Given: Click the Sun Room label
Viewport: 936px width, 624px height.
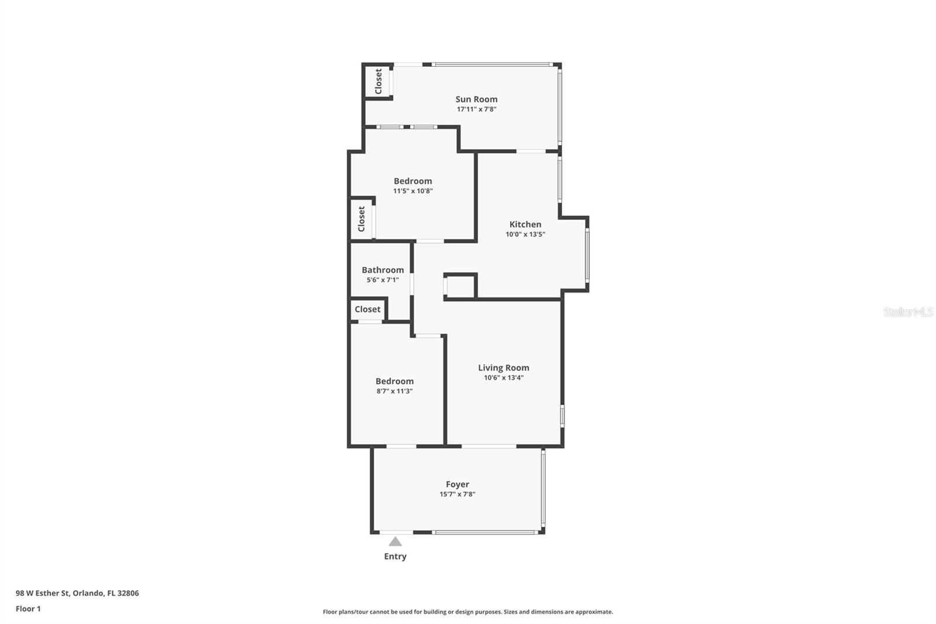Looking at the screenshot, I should click(x=476, y=100).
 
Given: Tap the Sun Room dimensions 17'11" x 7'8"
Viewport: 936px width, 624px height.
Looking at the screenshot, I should click(x=476, y=109).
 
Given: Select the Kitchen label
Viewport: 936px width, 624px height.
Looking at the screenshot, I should click(x=525, y=224).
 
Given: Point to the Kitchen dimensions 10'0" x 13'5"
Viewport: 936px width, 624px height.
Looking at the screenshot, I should click(x=525, y=234).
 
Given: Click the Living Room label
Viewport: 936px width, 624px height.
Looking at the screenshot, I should click(x=503, y=368).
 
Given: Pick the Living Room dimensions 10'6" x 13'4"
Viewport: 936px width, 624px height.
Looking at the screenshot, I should click(x=503, y=378).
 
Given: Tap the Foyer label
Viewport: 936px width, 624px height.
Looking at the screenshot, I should click(x=457, y=484).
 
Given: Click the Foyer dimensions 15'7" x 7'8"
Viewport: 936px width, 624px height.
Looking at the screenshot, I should click(x=457, y=494).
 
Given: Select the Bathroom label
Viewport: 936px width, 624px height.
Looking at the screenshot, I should click(x=383, y=270).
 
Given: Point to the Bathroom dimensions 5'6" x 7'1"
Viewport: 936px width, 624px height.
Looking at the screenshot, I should click(x=383, y=280).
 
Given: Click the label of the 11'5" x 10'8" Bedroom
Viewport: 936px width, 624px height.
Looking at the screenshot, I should click(x=412, y=181).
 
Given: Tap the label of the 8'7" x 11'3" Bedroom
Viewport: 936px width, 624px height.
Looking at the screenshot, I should click(x=394, y=381).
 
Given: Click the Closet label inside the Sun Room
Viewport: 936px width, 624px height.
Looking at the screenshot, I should click(x=378, y=81).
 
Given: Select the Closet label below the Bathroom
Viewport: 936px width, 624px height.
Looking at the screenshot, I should click(x=367, y=309).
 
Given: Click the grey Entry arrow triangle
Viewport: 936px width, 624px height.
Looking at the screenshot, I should click(x=395, y=541).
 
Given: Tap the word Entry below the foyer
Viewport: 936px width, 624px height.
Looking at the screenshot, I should click(x=395, y=556).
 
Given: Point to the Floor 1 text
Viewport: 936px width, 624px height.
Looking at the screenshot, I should click(x=28, y=609).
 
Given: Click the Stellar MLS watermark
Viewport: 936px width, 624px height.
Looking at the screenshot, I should click(x=908, y=312).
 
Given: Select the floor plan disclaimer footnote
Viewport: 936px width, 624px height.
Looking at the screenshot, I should click(x=467, y=612).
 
